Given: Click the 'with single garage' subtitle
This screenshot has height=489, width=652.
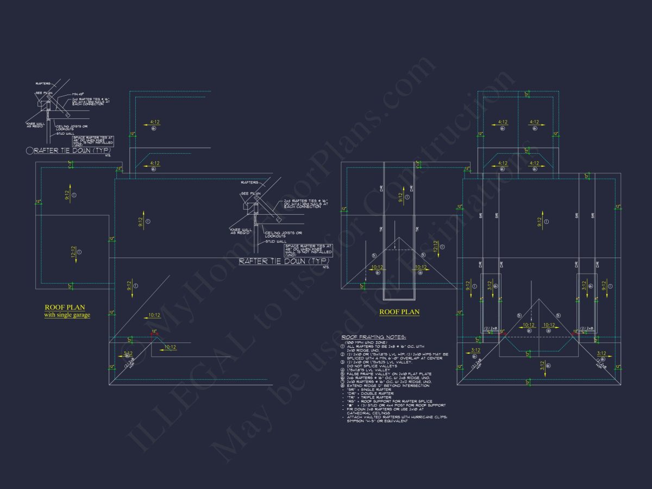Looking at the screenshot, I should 67,315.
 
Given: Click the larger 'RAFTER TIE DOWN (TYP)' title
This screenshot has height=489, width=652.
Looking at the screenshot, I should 283,261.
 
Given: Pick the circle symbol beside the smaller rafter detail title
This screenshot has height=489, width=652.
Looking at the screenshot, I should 30,150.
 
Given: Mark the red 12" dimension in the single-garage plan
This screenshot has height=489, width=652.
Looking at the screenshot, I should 154,331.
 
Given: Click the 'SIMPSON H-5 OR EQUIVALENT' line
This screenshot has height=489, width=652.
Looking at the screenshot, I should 377,421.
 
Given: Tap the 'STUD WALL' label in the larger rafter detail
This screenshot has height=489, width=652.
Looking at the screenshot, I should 274,241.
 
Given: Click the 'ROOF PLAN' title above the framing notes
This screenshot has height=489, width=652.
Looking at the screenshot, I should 399,312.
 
